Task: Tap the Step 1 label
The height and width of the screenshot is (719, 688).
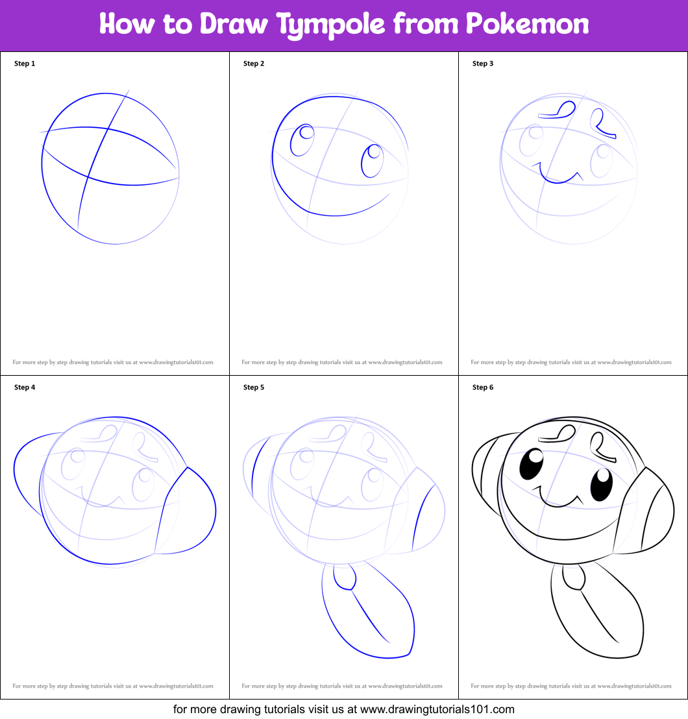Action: click(25, 64)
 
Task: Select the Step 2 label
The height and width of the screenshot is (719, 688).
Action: click(254, 64)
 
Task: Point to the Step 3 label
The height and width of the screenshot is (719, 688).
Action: click(483, 64)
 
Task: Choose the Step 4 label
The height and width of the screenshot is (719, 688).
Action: click(25, 387)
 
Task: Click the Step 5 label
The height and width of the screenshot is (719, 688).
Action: click(254, 387)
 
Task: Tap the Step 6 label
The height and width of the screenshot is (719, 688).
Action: click(483, 387)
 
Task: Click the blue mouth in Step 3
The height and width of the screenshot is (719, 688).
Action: click(559, 176)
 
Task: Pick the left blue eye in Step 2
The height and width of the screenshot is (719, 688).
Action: click(302, 140)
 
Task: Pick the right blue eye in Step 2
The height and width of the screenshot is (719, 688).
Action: click(372, 160)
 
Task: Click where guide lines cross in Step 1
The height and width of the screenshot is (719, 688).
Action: click(88, 176)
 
